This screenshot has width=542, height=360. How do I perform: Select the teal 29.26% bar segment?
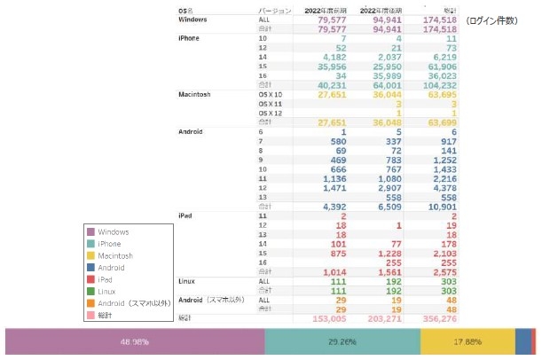coord(342,341)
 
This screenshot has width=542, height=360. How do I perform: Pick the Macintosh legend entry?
coord(116,255)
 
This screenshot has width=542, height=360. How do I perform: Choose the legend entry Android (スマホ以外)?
coord(134,303)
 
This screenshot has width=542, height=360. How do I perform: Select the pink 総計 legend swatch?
coord(92,315)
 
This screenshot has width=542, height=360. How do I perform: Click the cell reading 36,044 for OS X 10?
coord(382,94)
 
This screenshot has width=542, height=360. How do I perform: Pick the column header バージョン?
coord(270,11)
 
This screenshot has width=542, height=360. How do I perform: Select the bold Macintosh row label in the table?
coord(197,94)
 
